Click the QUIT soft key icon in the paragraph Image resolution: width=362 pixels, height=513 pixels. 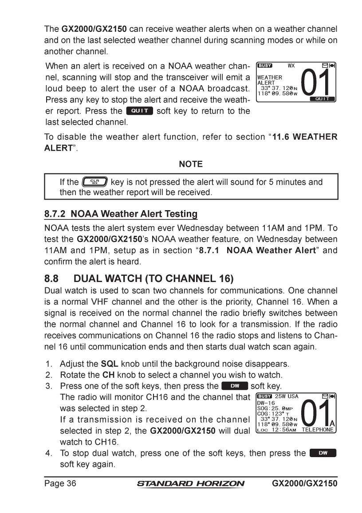click(139, 111)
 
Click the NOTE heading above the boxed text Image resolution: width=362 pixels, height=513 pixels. click(191, 164)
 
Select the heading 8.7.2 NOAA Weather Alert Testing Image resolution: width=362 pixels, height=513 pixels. click(121, 214)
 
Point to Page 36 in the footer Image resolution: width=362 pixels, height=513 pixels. click(60, 483)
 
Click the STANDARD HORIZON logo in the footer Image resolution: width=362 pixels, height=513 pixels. click(191, 483)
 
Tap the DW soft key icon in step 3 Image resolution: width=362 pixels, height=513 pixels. click(234, 386)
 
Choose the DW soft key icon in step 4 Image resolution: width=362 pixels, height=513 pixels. click(323, 453)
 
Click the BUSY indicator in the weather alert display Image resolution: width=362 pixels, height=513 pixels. click(265, 66)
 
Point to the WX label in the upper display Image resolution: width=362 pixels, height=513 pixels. click(291, 66)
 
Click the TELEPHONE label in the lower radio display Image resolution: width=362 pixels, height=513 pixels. click(318, 430)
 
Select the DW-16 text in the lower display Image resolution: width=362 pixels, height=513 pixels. click(266, 403)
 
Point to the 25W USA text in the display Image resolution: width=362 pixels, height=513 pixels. click(287, 396)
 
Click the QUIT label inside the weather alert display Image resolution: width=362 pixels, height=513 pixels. click(322, 99)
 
